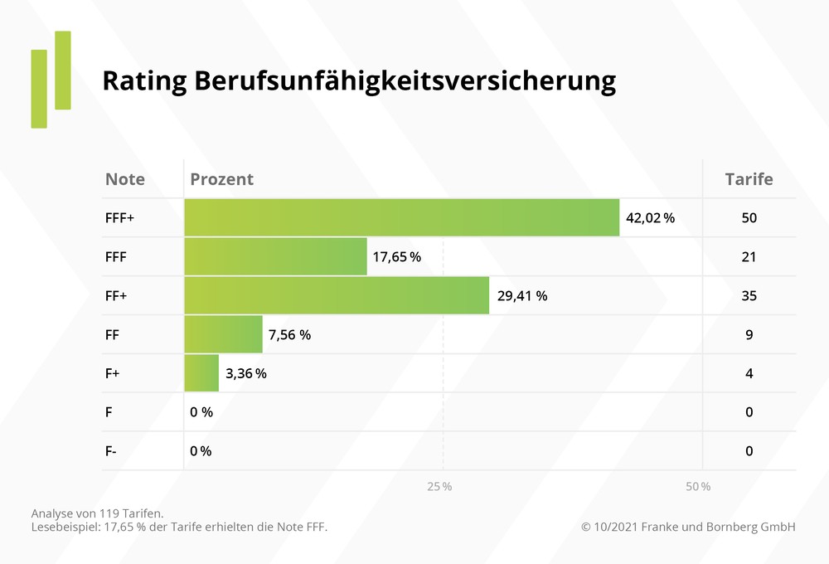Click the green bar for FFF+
(x=401, y=217)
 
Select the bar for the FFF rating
(x=275, y=256)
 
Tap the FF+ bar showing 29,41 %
(x=336, y=295)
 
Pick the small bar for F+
(x=201, y=373)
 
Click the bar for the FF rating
(x=223, y=334)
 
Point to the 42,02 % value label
(x=650, y=218)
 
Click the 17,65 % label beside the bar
(x=396, y=257)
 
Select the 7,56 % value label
(x=289, y=335)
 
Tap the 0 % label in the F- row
(x=201, y=451)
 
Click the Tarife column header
(x=749, y=179)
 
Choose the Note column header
(x=125, y=179)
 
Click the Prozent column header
(x=221, y=179)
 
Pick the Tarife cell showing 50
(x=749, y=218)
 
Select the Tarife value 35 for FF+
(x=749, y=296)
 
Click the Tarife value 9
(x=749, y=335)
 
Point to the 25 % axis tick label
(x=439, y=486)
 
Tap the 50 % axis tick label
(x=698, y=486)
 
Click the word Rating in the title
(x=143, y=81)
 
